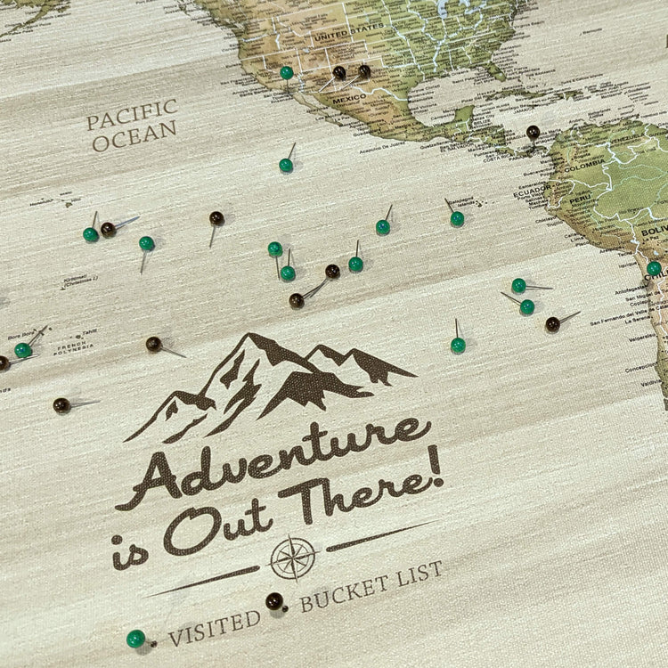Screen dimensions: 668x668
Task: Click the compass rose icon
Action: tap(293, 558)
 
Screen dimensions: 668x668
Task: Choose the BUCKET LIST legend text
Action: tap(371, 589)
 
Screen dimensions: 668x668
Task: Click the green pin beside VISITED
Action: tap(135, 638)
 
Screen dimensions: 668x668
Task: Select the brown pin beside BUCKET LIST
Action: tap(273, 601)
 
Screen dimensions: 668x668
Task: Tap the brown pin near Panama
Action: tap(533, 132)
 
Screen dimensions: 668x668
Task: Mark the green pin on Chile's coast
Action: tap(654, 267)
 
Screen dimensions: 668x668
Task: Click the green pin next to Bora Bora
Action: tap(23, 350)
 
